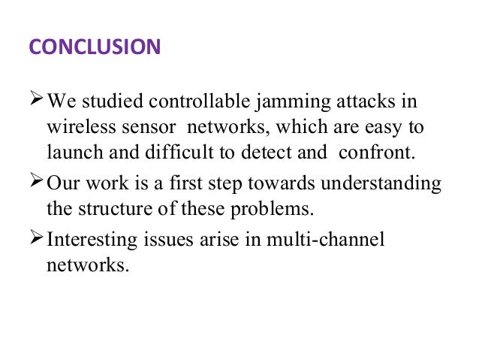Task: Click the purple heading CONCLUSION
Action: pyautogui.click(x=95, y=47)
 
